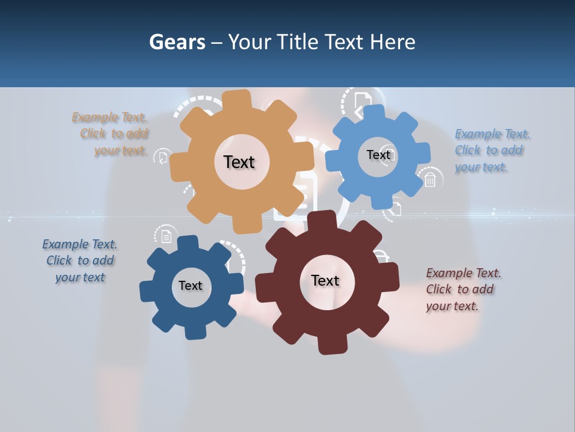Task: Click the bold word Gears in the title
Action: pyautogui.click(x=177, y=42)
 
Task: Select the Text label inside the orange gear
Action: pyautogui.click(x=239, y=162)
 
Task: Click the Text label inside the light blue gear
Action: pyautogui.click(x=378, y=155)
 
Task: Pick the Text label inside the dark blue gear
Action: pyautogui.click(x=190, y=286)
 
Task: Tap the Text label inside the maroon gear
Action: pyautogui.click(x=325, y=280)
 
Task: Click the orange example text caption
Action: pyautogui.click(x=111, y=134)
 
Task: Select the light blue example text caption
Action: pyautogui.click(x=491, y=150)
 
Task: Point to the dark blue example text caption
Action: pyautogui.click(x=80, y=260)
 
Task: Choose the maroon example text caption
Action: pyautogui.click(x=462, y=289)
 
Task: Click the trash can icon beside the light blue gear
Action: pyautogui.click(x=430, y=179)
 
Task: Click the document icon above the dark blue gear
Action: pyautogui.click(x=166, y=235)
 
